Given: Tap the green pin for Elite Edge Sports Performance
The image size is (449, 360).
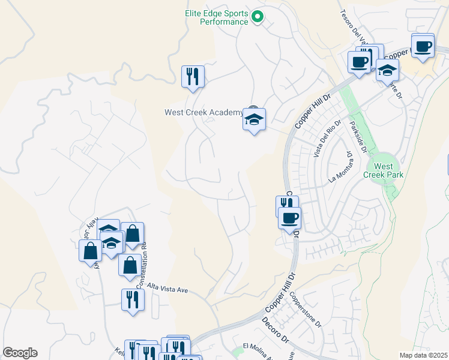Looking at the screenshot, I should [258, 16].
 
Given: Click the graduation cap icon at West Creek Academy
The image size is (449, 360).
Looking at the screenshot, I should [254, 119].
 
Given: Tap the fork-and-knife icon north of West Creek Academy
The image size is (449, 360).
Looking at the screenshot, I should [193, 77].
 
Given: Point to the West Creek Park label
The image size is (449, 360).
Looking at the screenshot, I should [384, 170].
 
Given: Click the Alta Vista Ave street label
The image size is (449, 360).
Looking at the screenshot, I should [168, 289].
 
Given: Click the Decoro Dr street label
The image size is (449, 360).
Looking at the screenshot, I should [276, 331].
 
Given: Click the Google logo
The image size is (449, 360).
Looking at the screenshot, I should [20, 353].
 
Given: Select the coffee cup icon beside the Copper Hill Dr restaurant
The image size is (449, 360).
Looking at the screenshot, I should [290, 218].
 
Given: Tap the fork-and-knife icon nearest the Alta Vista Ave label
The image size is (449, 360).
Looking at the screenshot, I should [133, 300].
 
